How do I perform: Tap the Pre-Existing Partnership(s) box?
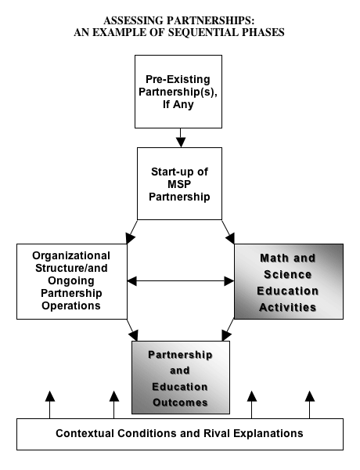pos(178,92)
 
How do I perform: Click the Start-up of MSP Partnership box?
pos(180,184)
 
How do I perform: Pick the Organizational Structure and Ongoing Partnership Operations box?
pos(72,281)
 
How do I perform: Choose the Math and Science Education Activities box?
pos(289,281)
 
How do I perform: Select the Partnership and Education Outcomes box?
pos(181,378)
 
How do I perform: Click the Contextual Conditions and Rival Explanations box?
pos(180,434)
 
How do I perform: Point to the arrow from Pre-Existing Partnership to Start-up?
pos(181,138)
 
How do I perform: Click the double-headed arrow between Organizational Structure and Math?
pos(181,281)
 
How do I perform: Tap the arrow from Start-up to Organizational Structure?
pos(131,232)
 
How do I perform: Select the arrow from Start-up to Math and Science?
pos(229,232)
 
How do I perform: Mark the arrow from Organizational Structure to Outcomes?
pos(132,330)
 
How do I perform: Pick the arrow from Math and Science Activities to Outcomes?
pos(228,330)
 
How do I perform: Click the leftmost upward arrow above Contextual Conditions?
pos(50,405)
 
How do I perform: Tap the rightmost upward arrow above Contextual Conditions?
pos(310,405)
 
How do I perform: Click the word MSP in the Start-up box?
pos(179,184)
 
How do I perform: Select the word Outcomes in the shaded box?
pos(180,403)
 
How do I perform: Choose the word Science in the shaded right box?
pos(288,274)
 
